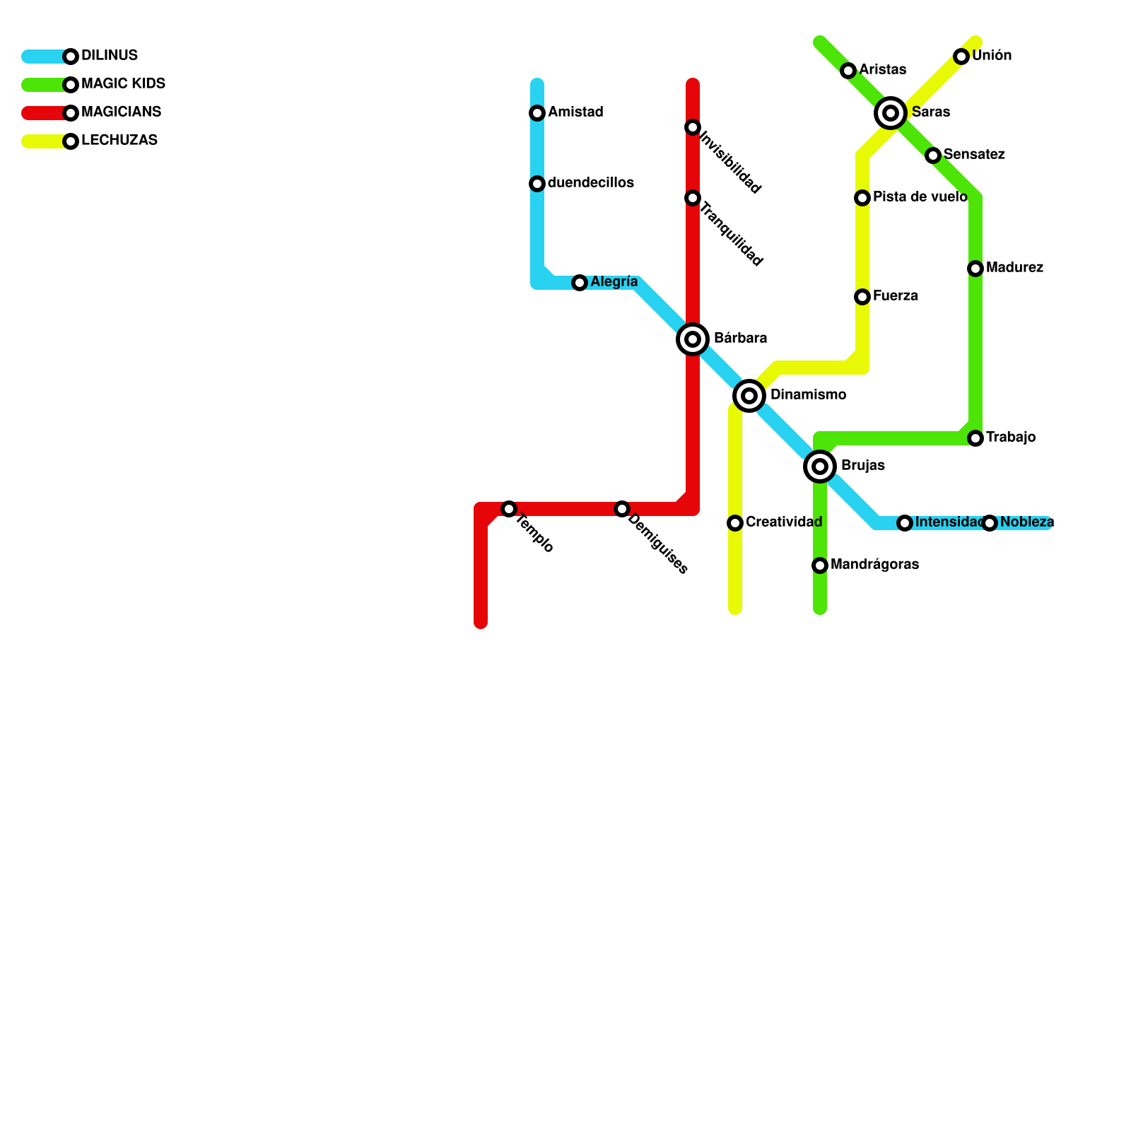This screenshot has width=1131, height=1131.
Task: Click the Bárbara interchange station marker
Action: click(693, 339)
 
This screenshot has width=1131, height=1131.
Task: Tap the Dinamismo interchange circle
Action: click(749, 396)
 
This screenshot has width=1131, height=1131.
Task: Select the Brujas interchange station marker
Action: click(820, 467)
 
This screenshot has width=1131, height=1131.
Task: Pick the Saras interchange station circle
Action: click(891, 113)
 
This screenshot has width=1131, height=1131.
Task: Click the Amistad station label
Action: click(575, 112)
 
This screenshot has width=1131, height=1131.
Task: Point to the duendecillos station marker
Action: click(537, 184)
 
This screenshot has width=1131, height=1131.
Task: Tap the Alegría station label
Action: click(614, 282)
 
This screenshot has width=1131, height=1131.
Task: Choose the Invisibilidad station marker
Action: click(693, 127)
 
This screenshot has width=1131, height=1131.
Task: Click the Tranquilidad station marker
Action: click(693, 198)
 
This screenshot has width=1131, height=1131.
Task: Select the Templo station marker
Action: click(509, 509)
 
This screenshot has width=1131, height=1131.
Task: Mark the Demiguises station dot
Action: click(622, 509)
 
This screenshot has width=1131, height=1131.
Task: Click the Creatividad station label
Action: click(783, 522)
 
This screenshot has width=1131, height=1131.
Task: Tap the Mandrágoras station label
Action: click(874, 565)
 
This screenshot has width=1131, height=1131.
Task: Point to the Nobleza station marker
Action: click(990, 523)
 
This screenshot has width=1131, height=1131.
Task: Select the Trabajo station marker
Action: click(975, 438)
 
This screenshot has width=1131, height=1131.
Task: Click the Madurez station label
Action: click(1014, 268)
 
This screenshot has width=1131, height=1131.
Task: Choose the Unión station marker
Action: click(961, 57)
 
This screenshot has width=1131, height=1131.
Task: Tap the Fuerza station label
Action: click(895, 296)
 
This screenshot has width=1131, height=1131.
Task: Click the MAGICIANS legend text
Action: click(121, 112)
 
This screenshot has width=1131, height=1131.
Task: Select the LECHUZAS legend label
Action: click(119, 141)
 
